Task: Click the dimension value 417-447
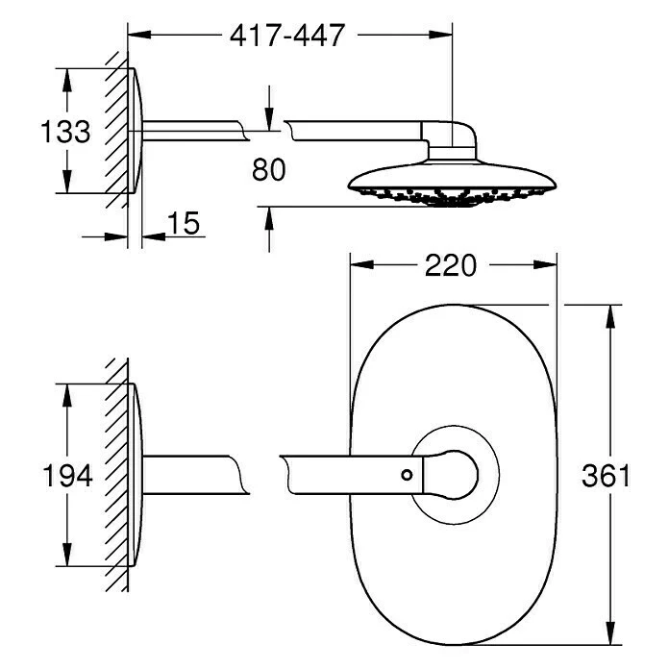pos(287,37)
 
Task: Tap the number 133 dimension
pos(64,131)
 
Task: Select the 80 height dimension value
pos(269,169)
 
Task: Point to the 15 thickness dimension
pos(183,224)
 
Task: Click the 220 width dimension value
pos(450,265)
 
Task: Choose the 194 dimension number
pos(65,475)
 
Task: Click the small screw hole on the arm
pos(407,475)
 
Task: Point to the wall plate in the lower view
pos(138,475)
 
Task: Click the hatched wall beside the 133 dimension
pos(117,131)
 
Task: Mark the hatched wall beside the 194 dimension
pos(117,475)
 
